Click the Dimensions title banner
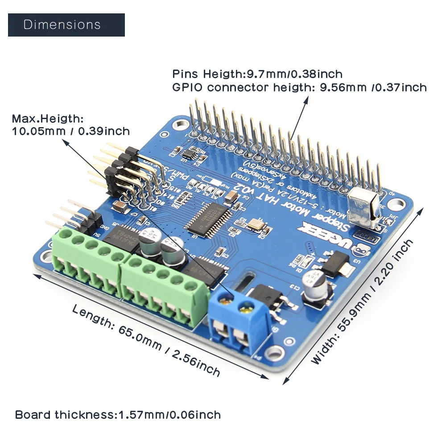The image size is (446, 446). pos(66,25)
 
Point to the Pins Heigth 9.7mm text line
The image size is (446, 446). pos(257,74)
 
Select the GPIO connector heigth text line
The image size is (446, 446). pos(299,87)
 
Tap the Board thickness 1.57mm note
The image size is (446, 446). pos(118,415)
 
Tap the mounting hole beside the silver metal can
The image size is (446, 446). pos(394,204)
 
